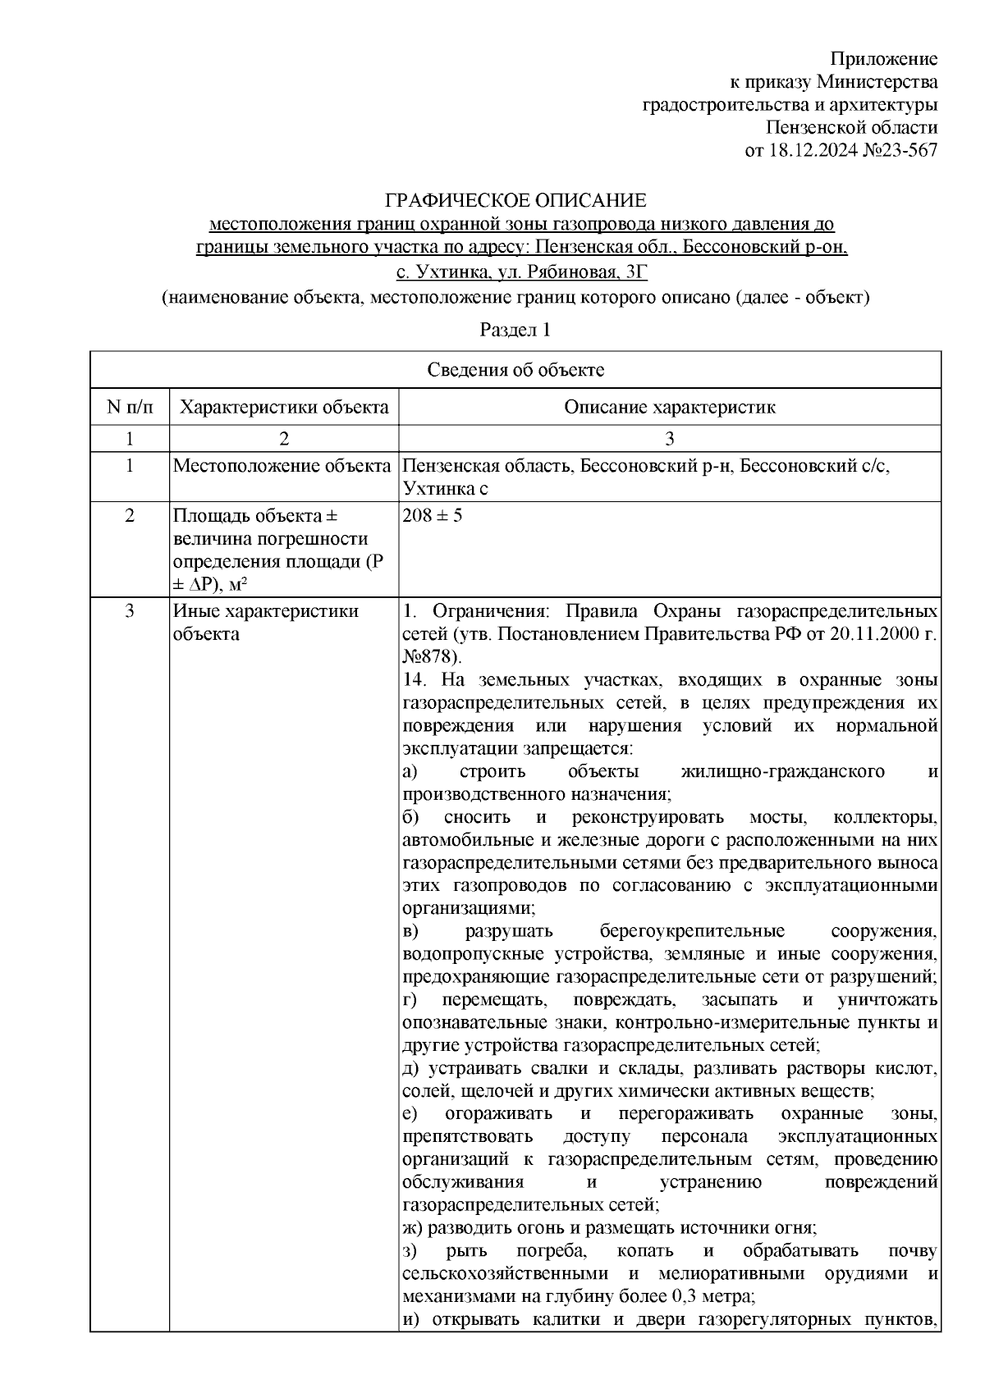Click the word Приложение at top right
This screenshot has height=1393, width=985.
click(x=884, y=58)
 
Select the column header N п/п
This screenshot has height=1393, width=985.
click(x=129, y=407)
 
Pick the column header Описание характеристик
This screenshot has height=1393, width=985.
click(x=669, y=407)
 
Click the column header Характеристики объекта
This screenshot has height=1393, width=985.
click(x=284, y=407)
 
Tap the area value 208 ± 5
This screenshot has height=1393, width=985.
click(x=433, y=517)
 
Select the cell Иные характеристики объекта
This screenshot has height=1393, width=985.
click(x=265, y=623)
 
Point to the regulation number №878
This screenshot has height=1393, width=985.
click(x=433, y=657)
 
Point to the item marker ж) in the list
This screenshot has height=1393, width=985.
click(x=411, y=1228)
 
